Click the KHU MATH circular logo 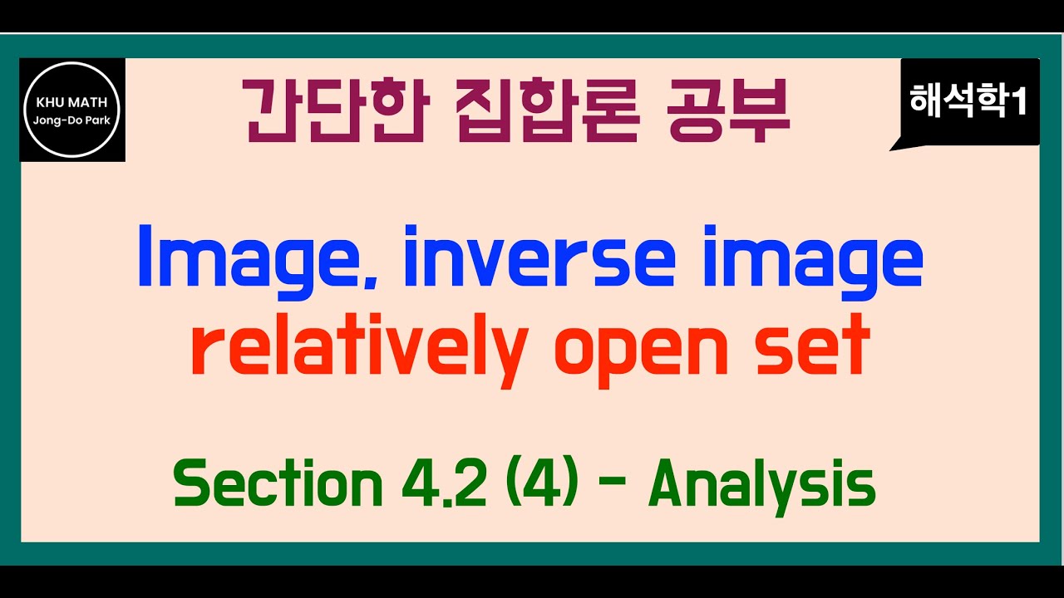72,110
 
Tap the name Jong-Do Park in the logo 72,120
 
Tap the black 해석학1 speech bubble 969,102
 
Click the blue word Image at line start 250,257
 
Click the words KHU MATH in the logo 72,104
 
